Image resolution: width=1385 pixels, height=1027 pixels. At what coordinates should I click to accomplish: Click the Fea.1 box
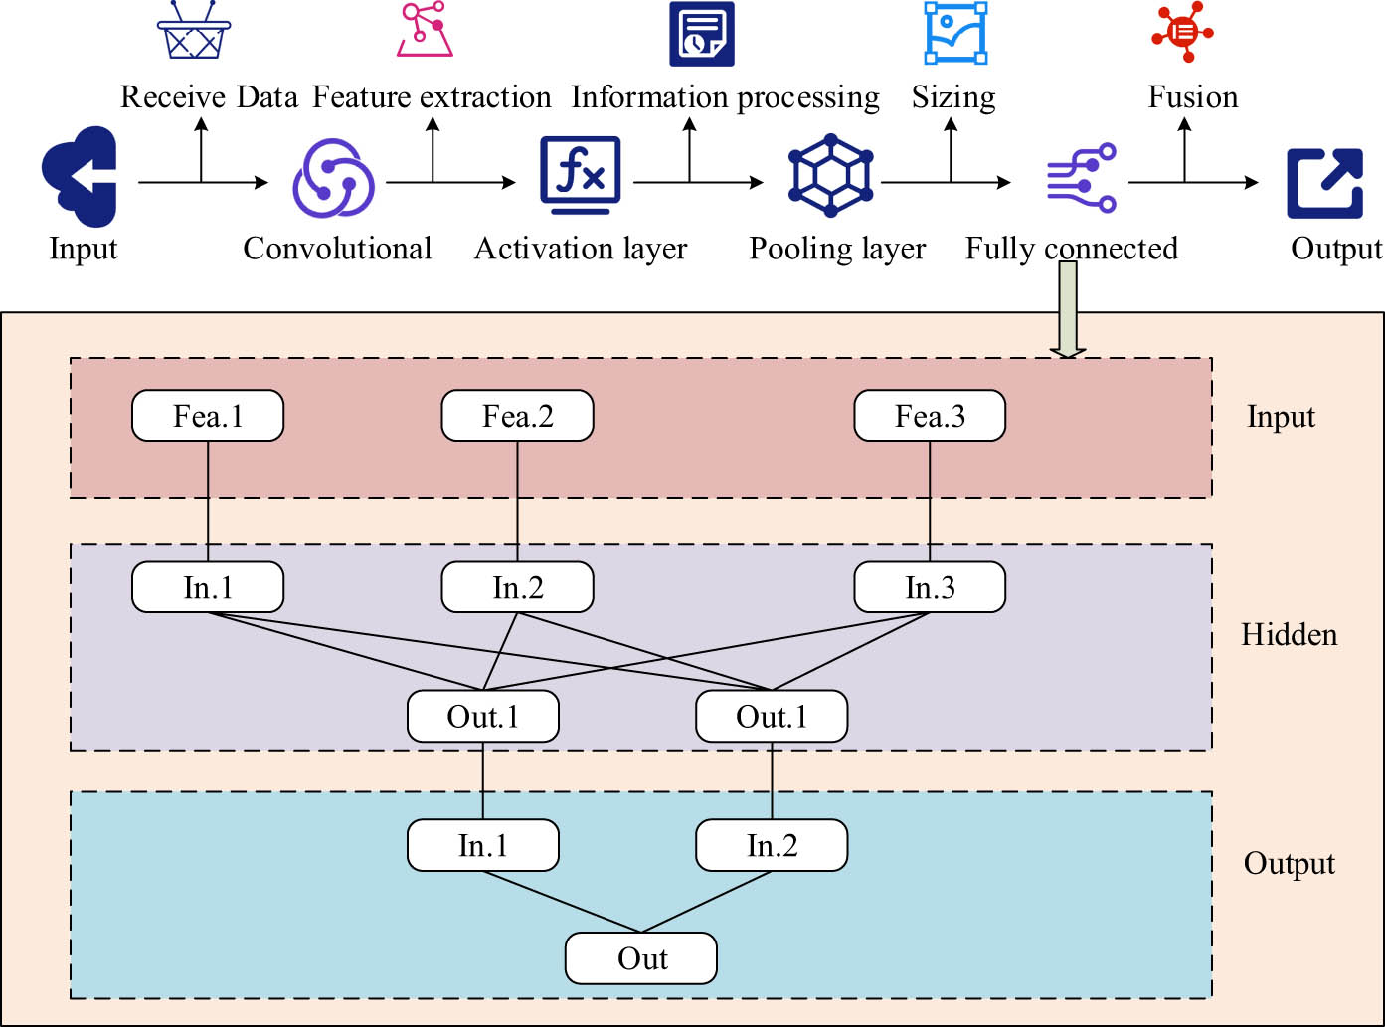pyautogui.click(x=208, y=416)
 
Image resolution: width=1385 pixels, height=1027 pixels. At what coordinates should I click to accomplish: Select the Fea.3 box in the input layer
pyautogui.click(x=930, y=416)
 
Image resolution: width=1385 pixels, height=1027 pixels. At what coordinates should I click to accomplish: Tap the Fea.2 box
pyautogui.click(x=517, y=416)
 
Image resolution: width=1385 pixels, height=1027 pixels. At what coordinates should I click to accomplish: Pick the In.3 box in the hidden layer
pyautogui.click(x=930, y=588)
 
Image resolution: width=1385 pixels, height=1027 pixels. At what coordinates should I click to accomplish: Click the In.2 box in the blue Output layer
pyautogui.click(x=772, y=846)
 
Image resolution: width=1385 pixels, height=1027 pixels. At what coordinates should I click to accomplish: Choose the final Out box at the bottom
pyautogui.click(x=641, y=958)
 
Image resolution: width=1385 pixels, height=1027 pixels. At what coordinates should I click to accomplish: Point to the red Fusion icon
pyautogui.click(x=1183, y=32)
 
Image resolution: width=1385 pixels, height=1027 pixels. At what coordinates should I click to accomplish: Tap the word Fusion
pyautogui.click(x=1193, y=97)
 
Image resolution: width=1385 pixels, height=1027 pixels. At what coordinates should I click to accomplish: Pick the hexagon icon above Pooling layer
pyautogui.click(x=830, y=180)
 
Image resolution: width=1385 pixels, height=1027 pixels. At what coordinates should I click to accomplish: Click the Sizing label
pyautogui.click(x=953, y=97)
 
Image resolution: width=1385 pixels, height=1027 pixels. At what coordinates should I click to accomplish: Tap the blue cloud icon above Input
pyautogui.click(x=81, y=176)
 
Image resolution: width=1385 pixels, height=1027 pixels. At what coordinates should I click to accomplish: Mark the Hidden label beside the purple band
pyautogui.click(x=1289, y=634)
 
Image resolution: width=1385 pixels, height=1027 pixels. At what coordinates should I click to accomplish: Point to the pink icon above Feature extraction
pyautogui.click(x=425, y=30)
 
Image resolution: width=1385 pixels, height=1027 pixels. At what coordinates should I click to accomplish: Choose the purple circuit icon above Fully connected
pyautogui.click(x=1082, y=179)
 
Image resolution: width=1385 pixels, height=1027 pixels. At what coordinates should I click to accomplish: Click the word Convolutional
pyautogui.click(x=337, y=248)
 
